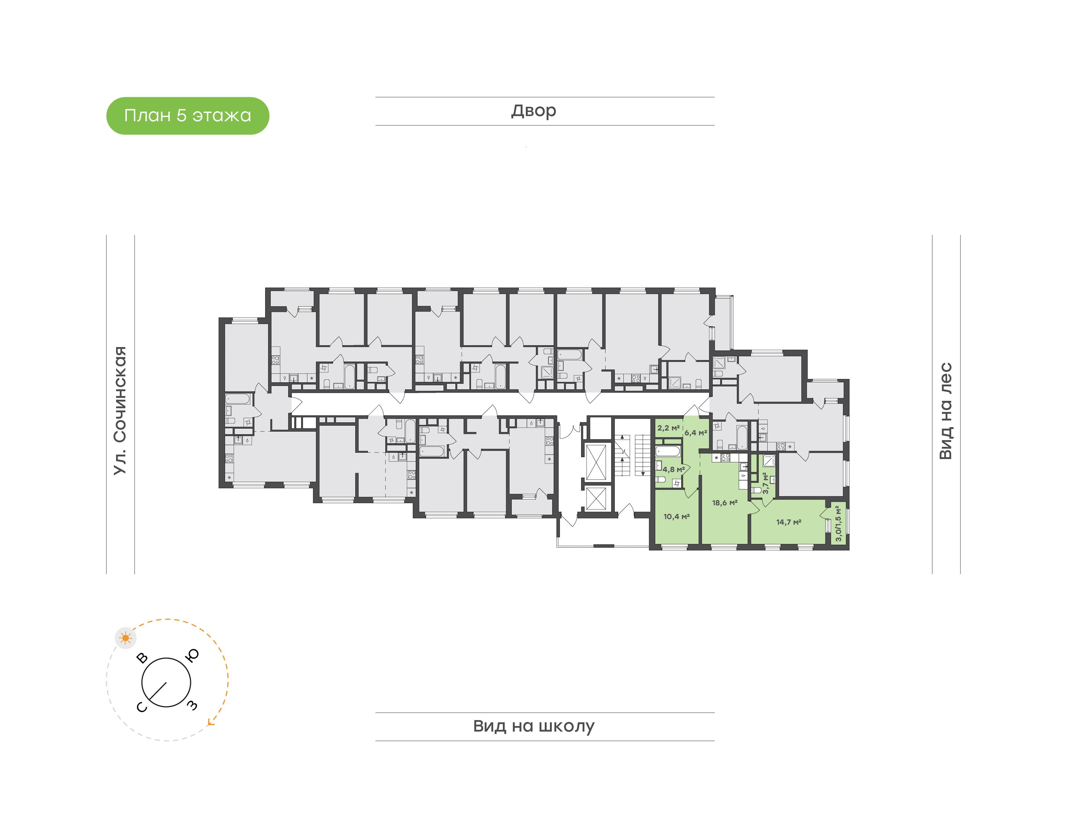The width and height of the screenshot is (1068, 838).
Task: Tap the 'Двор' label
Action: (534, 111)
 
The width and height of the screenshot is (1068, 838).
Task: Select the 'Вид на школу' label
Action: (534, 726)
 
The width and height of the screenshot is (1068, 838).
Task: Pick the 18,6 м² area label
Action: (725, 502)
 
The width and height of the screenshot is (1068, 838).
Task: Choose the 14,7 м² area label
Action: (789, 522)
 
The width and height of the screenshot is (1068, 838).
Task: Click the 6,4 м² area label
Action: (696, 433)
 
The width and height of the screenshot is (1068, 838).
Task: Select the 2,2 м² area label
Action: (668, 428)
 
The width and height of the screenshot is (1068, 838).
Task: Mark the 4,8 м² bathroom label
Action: (673, 469)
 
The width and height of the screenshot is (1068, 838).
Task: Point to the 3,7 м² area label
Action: (765, 483)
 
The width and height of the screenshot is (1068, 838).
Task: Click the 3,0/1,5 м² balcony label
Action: (838, 524)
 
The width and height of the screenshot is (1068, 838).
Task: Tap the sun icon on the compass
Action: (126, 638)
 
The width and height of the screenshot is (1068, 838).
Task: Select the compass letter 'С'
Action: (141, 707)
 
